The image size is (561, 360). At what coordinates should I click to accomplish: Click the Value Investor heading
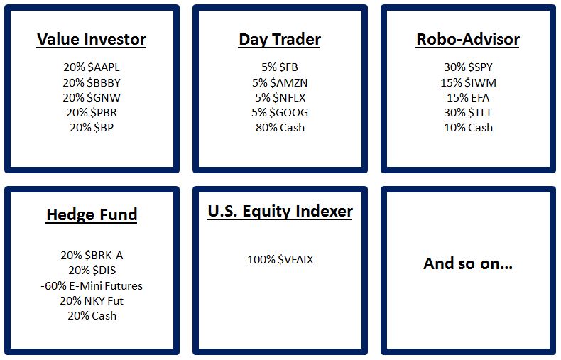[x=92, y=39]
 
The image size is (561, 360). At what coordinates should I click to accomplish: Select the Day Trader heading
[x=280, y=39]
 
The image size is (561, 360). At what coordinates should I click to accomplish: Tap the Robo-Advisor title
[x=468, y=39]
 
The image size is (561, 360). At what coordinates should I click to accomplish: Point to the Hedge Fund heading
[x=92, y=214]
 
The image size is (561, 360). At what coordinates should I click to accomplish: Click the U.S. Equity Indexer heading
[x=280, y=211]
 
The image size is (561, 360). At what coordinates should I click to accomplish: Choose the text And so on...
[x=468, y=263]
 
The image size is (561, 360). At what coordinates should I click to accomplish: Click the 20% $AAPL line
[x=92, y=67]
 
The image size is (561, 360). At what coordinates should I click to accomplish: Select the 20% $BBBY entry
[x=92, y=82]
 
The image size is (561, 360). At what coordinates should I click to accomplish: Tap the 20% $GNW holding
[x=92, y=98]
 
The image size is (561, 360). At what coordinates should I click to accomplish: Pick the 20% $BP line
[x=92, y=128]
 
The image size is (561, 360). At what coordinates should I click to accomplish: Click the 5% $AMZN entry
[x=280, y=82]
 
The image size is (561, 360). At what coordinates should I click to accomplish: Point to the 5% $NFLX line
[x=280, y=98]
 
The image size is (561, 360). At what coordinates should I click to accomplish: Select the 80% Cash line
[x=280, y=128]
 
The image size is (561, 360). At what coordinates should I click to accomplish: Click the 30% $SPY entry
[x=468, y=67]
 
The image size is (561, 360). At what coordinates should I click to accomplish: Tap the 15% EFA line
[x=468, y=98]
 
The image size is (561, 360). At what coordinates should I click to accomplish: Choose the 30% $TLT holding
[x=468, y=113]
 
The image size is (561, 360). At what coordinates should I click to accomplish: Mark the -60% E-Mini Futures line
[x=92, y=286]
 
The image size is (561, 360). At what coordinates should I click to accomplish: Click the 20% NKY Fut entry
[x=92, y=301]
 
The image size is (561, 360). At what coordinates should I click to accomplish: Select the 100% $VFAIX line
[x=280, y=259]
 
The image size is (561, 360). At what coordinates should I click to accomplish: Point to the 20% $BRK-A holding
[x=92, y=256]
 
